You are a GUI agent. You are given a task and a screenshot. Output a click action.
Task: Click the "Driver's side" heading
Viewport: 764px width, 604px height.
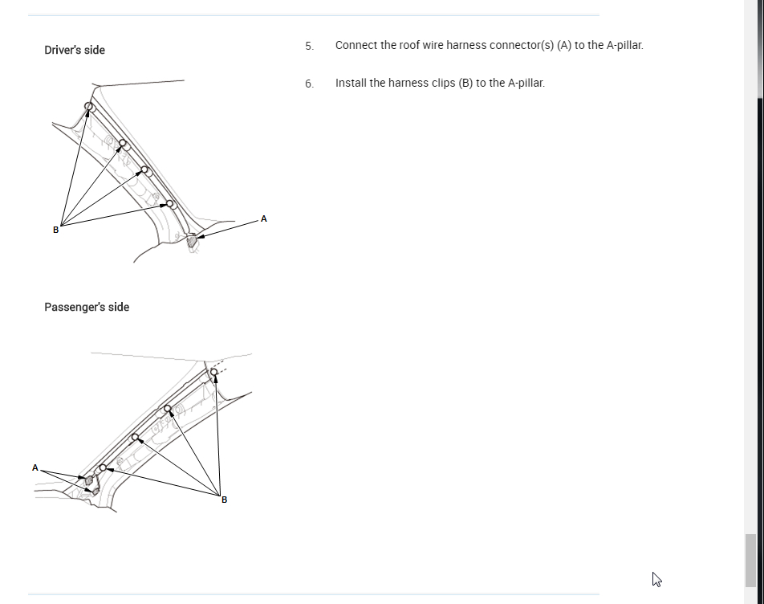click(x=75, y=50)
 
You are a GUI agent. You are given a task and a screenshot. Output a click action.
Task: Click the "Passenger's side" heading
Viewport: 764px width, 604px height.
click(x=87, y=307)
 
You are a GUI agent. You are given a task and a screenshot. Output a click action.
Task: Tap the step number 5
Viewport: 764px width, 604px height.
click(x=309, y=46)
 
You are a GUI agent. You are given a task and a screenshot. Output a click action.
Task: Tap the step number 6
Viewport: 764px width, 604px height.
click(x=309, y=84)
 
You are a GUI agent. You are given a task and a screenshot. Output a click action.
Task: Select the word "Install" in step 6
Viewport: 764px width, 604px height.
click(x=349, y=83)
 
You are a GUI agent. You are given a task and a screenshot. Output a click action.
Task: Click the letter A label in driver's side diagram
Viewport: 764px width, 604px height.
click(x=264, y=218)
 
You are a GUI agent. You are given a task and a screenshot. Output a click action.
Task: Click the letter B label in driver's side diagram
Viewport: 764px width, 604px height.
click(x=55, y=230)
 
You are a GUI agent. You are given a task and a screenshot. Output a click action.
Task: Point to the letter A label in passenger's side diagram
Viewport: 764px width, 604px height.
click(x=35, y=467)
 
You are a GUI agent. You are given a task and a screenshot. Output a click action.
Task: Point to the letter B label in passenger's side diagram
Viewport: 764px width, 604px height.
click(x=224, y=500)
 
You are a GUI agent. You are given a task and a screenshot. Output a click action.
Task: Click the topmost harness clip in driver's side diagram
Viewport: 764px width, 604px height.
click(x=89, y=107)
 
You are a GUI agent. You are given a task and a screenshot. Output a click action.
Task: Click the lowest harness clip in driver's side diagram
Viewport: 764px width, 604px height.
click(x=170, y=204)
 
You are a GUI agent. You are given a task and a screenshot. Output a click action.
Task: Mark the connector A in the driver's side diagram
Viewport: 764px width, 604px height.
click(x=192, y=239)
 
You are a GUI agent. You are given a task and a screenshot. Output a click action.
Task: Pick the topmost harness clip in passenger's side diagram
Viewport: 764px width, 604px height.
click(x=213, y=371)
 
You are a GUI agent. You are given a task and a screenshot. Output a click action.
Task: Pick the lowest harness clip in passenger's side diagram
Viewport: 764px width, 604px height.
click(x=103, y=467)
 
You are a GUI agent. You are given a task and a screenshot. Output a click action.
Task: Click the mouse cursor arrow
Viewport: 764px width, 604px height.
click(x=656, y=578)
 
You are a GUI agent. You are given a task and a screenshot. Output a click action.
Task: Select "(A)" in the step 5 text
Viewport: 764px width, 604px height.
click(x=563, y=45)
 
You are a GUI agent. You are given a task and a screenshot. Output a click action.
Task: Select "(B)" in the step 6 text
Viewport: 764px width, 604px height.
click(x=465, y=83)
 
